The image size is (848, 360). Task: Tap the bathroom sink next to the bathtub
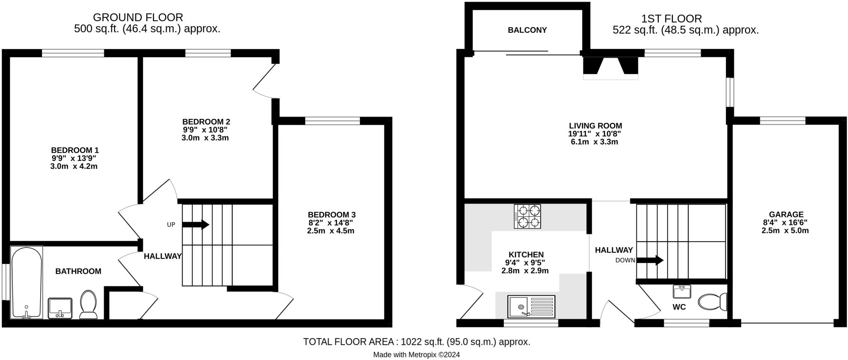click(x=60, y=308)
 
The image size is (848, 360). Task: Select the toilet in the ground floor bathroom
click(x=88, y=304)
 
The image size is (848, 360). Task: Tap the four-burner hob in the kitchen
click(x=528, y=216)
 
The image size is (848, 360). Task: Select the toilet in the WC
click(x=712, y=302)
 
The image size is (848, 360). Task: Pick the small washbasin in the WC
click(x=682, y=292)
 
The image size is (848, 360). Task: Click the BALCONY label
click(x=527, y=30)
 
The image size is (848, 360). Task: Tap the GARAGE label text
click(x=786, y=215)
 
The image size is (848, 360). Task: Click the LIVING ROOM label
click(x=595, y=126)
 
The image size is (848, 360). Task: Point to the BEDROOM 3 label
click(x=331, y=215)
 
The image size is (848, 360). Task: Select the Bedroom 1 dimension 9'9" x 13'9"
click(x=75, y=158)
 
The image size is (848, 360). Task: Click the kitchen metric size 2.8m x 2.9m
click(x=525, y=271)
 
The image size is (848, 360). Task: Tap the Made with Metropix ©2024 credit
click(x=416, y=355)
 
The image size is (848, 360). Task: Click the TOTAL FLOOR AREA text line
click(x=416, y=342)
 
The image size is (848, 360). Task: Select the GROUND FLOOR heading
click(x=138, y=17)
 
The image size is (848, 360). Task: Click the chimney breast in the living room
click(x=611, y=66)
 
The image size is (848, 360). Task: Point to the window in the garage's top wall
click(x=783, y=121)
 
